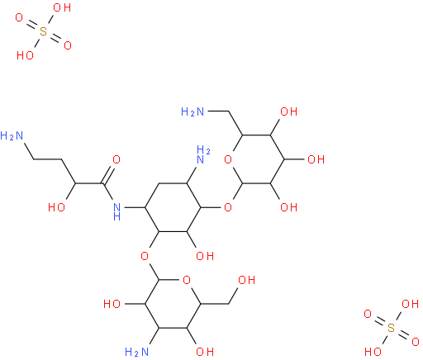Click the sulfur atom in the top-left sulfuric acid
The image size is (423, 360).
(44, 31)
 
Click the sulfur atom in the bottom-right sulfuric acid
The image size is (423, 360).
(391, 328)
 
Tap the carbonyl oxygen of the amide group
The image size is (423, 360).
(116, 159)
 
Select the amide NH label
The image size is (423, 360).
(116, 211)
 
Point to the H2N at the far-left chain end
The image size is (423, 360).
(12, 135)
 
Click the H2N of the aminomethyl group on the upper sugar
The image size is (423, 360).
(192, 111)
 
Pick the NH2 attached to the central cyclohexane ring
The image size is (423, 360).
(203, 155)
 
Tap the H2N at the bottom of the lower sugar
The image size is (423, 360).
(136, 352)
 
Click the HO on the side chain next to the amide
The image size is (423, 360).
(56, 207)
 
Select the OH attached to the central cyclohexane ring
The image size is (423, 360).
(205, 256)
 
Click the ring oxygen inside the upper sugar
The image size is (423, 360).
(228, 159)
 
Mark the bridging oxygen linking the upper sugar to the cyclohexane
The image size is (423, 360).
(228, 207)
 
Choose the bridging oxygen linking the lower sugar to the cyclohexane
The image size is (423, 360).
(145, 256)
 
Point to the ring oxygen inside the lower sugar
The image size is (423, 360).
(187, 280)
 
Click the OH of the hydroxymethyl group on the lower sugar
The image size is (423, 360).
(246, 280)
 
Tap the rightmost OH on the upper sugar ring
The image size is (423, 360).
(316, 159)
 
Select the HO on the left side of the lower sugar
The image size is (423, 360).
(112, 304)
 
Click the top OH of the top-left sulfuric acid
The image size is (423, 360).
(62, 7)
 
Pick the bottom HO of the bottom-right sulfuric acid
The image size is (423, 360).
(373, 352)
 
